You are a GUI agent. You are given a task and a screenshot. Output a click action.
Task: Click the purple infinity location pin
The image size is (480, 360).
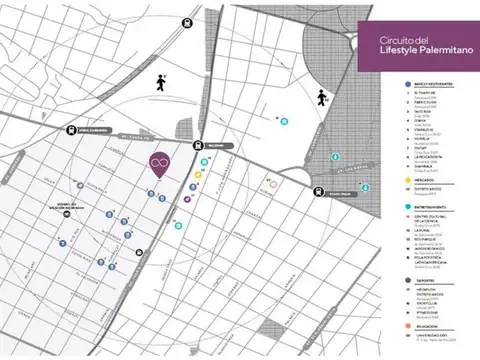[x=158, y=165]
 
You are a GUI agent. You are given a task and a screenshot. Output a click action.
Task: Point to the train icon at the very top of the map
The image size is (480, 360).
[x=188, y=18]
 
